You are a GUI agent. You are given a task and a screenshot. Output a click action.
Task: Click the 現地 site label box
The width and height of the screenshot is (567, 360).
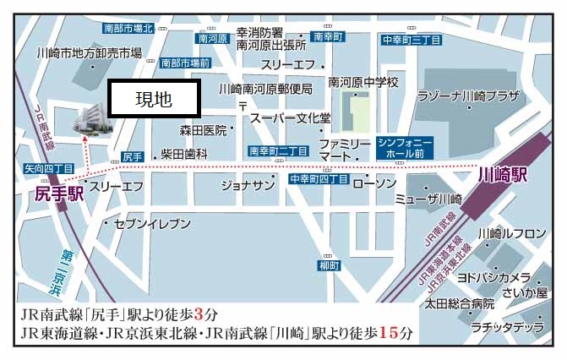coord(156,100)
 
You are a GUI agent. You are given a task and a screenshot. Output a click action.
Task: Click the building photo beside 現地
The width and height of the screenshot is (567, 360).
coord(92,119)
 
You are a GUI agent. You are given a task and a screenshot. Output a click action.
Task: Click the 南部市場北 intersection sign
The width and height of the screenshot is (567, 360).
coord(128,29)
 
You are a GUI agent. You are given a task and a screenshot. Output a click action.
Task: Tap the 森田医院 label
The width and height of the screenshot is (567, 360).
coord(204,131)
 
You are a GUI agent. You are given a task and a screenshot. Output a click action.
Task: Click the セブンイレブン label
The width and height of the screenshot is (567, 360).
coord(144,223)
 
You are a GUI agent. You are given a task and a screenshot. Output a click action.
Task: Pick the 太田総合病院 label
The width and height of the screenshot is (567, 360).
coord(460,303)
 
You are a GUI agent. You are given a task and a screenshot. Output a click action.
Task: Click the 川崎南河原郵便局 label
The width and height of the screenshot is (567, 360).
coord(265,88)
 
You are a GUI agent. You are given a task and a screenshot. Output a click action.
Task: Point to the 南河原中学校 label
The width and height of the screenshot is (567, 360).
coord(363,82)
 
